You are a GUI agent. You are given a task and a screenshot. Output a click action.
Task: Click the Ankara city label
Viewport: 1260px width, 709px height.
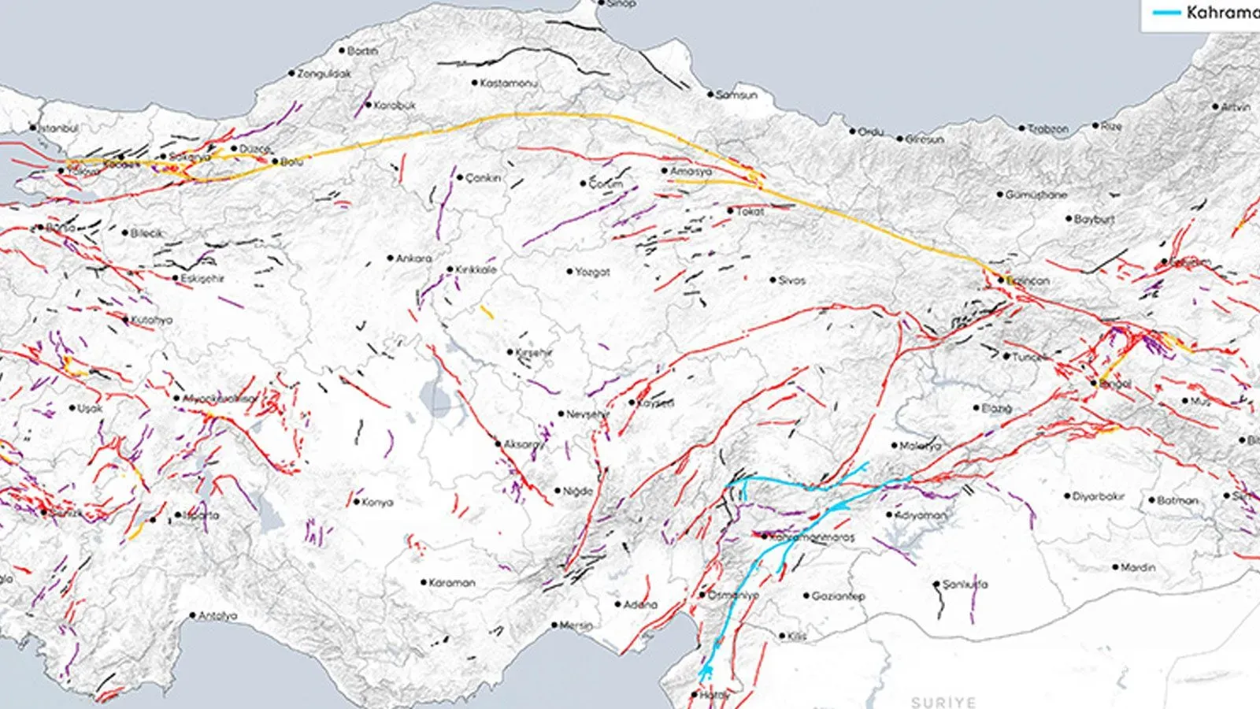(413, 258)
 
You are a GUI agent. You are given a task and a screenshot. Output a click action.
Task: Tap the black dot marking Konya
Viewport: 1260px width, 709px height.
(357, 502)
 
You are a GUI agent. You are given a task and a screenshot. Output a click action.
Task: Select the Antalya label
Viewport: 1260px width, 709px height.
(217, 616)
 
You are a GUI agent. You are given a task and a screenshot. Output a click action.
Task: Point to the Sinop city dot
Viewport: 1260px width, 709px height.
(602, 3)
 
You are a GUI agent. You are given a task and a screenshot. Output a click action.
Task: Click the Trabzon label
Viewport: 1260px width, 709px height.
(1048, 128)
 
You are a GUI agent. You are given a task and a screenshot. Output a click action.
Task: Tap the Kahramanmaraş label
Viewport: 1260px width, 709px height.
(811, 537)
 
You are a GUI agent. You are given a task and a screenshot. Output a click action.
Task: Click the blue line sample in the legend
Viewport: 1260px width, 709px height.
(1166, 13)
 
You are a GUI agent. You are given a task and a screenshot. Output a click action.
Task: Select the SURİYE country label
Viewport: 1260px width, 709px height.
(943, 701)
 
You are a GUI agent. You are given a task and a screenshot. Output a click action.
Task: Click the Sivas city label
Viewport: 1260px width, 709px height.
(791, 280)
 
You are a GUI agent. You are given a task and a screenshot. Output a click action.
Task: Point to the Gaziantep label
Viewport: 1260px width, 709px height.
(839, 596)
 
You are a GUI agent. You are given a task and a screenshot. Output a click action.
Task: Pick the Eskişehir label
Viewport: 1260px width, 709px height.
(202, 279)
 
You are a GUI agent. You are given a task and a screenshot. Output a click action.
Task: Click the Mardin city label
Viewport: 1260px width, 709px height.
(1138, 567)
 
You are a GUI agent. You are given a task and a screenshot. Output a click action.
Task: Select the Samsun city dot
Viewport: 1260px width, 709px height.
(710, 95)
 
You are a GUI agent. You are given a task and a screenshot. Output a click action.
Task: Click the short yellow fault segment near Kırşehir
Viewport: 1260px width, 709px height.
(487, 312)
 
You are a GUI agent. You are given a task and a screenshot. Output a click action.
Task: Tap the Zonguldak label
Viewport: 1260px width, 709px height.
(324, 73)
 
